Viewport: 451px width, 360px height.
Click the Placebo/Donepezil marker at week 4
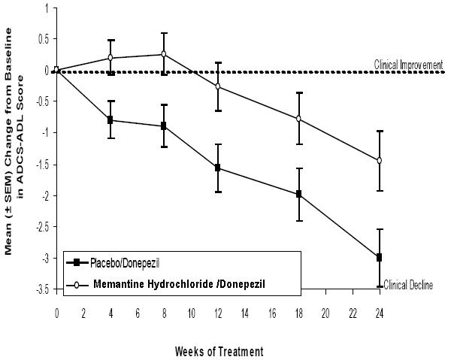[110, 119]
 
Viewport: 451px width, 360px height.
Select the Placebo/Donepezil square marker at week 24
[379, 257]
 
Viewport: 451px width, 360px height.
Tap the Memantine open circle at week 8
[164, 54]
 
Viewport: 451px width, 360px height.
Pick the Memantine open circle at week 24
[379, 160]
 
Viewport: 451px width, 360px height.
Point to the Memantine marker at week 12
[218, 86]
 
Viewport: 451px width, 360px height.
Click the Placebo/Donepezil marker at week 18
[299, 194]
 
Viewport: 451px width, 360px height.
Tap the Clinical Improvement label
[408, 65]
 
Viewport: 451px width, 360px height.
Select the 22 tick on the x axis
[352, 309]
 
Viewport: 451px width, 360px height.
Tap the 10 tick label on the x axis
[191, 309]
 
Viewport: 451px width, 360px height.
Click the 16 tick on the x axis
[271, 309]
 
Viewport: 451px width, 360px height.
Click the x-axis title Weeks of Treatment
[218, 350]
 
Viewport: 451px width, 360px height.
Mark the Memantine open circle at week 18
[299, 119]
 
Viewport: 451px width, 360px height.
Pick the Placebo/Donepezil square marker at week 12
[218, 168]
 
